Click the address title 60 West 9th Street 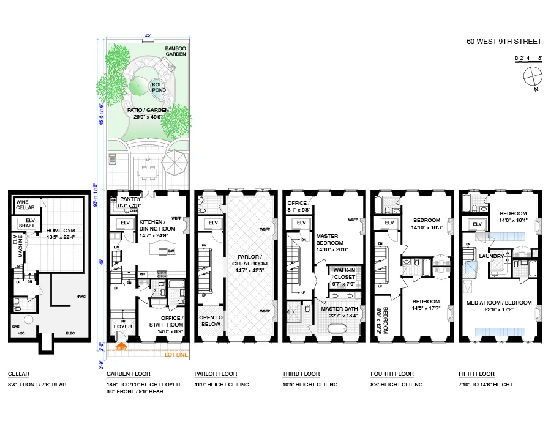504,42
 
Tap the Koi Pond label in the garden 150,87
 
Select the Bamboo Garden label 176,51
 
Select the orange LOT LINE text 176,355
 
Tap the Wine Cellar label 25,205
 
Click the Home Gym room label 60,234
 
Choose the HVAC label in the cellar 80,297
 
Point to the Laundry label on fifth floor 492,256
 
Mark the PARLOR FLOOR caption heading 216,374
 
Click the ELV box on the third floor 301,223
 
